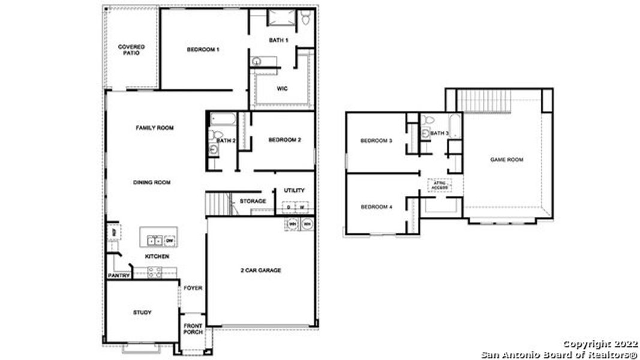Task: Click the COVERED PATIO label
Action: (131, 50)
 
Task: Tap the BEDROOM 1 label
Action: (203, 49)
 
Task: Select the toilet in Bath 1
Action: (306, 19)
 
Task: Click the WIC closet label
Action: (282, 88)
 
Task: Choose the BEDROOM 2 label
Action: (284, 140)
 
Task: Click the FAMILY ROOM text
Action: (155, 128)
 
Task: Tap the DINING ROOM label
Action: (152, 182)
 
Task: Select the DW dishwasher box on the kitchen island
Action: (169, 241)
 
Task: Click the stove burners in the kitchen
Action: (154, 272)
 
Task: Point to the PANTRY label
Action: (118, 276)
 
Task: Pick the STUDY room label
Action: (142, 313)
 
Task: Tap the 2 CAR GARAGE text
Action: (260, 271)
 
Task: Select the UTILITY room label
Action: (294, 190)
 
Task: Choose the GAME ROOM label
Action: (507, 160)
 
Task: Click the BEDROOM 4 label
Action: (376, 207)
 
